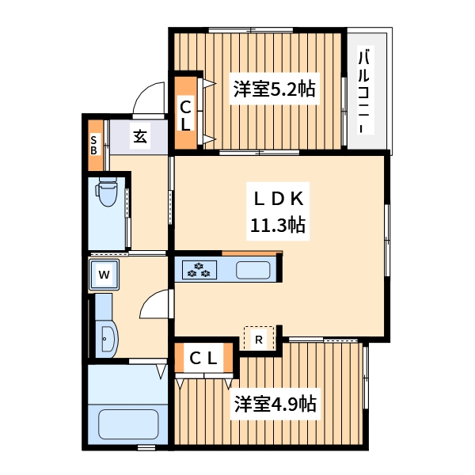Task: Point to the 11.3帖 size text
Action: (x=279, y=226)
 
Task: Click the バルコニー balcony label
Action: (x=365, y=92)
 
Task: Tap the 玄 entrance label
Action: (x=139, y=137)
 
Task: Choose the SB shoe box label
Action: (x=93, y=145)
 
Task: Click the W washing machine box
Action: (x=104, y=275)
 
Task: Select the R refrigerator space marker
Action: (x=259, y=339)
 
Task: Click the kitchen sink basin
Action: (x=253, y=270)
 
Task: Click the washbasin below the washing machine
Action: (x=107, y=338)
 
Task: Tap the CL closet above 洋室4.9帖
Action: (x=203, y=358)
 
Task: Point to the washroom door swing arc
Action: (x=156, y=305)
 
